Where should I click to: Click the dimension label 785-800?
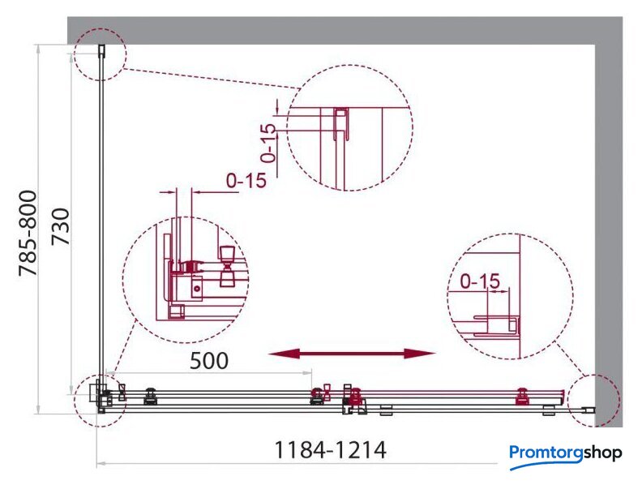click(28, 233)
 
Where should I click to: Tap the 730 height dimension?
click(61, 226)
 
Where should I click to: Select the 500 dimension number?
click(209, 360)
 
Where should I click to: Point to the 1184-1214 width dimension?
click(330, 450)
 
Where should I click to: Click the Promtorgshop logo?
click(566, 456)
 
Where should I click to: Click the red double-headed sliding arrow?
click(352, 354)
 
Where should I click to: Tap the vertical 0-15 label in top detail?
click(268, 143)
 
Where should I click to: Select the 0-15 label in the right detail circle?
click(480, 281)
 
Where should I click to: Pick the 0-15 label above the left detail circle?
click(246, 180)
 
